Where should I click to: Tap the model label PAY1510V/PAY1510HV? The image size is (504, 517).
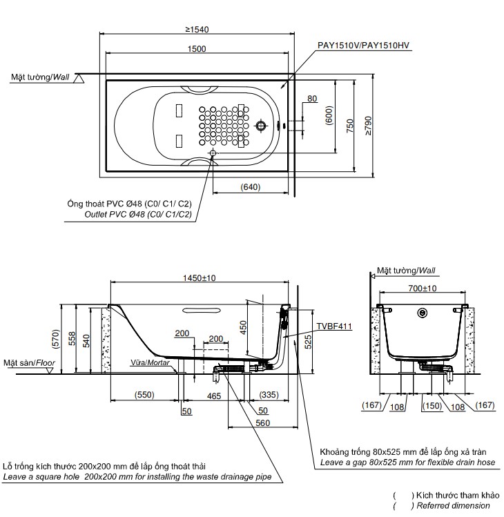[x=363, y=45]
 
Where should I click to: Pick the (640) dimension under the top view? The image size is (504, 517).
[x=250, y=187]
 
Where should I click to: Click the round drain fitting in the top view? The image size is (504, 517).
[x=261, y=126]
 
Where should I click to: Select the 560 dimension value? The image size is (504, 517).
[x=262, y=423]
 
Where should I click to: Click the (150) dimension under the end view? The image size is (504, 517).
[x=432, y=407]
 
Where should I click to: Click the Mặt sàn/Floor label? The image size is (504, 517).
[x=29, y=362]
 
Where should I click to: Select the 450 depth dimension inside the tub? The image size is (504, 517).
[x=242, y=326]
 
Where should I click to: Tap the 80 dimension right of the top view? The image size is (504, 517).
[x=312, y=99]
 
